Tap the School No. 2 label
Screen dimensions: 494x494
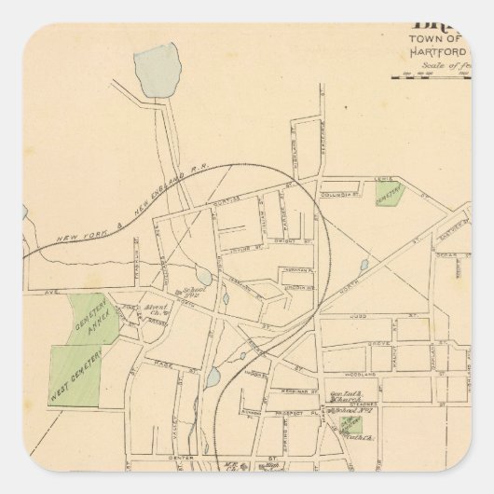tap(198, 292)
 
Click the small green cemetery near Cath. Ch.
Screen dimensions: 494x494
tap(347, 426)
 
